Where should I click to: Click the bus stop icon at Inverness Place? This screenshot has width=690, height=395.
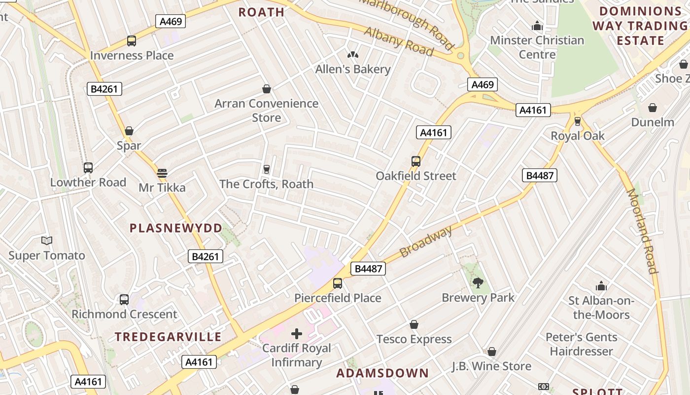pyautogui.click(x=131, y=41)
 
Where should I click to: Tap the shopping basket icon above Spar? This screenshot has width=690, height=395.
pyautogui.click(x=129, y=131)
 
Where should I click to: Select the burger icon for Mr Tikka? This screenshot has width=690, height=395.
pyautogui.click(x=162, y=173)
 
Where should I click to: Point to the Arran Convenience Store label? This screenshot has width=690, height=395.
pyautogui.click(x=266, y=110)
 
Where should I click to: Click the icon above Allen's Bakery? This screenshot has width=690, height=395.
pyautogui.click(x=353, y=55)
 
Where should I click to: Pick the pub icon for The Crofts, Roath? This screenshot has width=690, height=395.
pyautogui.click(x=267, y=169)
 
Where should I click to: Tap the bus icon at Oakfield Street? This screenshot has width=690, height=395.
pyautogui.click(x=416, y=161)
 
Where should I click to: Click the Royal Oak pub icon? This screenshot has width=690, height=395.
pyautogui.click(x=577, y=121)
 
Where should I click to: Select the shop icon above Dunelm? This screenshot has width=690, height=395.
pyautogui.click(x=653, y=107)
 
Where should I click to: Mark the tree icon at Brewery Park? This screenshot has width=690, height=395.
pyautogui.click(x=478, y=283)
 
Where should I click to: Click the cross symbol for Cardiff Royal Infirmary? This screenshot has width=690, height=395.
pyautogui.click(x=296, y=334)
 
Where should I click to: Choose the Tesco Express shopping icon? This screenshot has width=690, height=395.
pyautogui.click(x=414, y=324)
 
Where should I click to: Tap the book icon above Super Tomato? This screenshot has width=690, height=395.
pyautogui.click(x=47, y=241)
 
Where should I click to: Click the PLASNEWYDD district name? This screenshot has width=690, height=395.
pyautogui.click(x=176, y=228)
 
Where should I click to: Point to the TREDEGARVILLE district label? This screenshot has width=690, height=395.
pyautogui.click(x=168, y=337)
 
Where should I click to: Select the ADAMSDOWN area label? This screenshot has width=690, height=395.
pyautogui.click(x=382, y=373)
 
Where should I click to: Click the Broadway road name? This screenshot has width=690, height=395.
pyautogui.click(x=425, y=242)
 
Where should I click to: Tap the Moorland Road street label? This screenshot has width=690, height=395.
pyautogui.click(x=642, y=231)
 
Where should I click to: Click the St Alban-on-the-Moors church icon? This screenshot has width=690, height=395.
pyautogui.click(x=601, y=286)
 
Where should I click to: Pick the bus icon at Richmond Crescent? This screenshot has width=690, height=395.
pyautogui.click(x=124, y=299)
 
